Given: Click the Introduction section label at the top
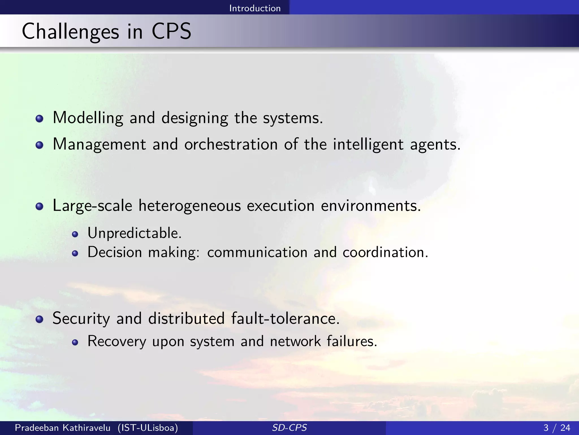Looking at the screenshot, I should pyautogui.click(x=255, y=8).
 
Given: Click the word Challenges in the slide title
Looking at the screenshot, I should pyautogui.click(x=70, y=32).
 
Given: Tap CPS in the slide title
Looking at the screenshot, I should pyautogui.click(x=171, y=31).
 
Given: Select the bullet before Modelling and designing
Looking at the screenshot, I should pyautogui.click(x=40, y=119).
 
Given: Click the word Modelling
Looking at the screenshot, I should pyautogui.click(x=88, y=118).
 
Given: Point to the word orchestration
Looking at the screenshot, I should pyautogui.click(x=231, y=144).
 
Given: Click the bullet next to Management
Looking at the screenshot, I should pyautogui.click(x=40, y=145).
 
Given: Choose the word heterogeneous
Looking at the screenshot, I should pyautogui.click(x=189, y=206).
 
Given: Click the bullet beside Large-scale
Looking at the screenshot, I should pyautogui.click(x=40, y=206).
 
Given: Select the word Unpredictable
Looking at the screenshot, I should pyautogui.click(x=134, y=233).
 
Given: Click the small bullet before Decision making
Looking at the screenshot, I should pyautogui.click(x=75, y=253).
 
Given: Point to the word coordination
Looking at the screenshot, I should pyautogui.click(x=385, y=252).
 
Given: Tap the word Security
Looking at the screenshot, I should pyautogui.click(x=81, y=318).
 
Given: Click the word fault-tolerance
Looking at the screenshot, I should pyautogui.click(x=285, y=318).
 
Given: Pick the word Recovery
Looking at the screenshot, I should pyautogui.click(x=117, y=341).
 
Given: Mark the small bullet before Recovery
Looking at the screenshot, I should pyautogui.click(x=75, y=343).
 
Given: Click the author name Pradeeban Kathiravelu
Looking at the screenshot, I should pyautogui.click(x=62, y=428).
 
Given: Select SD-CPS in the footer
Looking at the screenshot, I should pyautogui.click(x=289, y=428).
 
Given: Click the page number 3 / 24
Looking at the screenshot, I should pyautogui.click(x=557, y=428).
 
